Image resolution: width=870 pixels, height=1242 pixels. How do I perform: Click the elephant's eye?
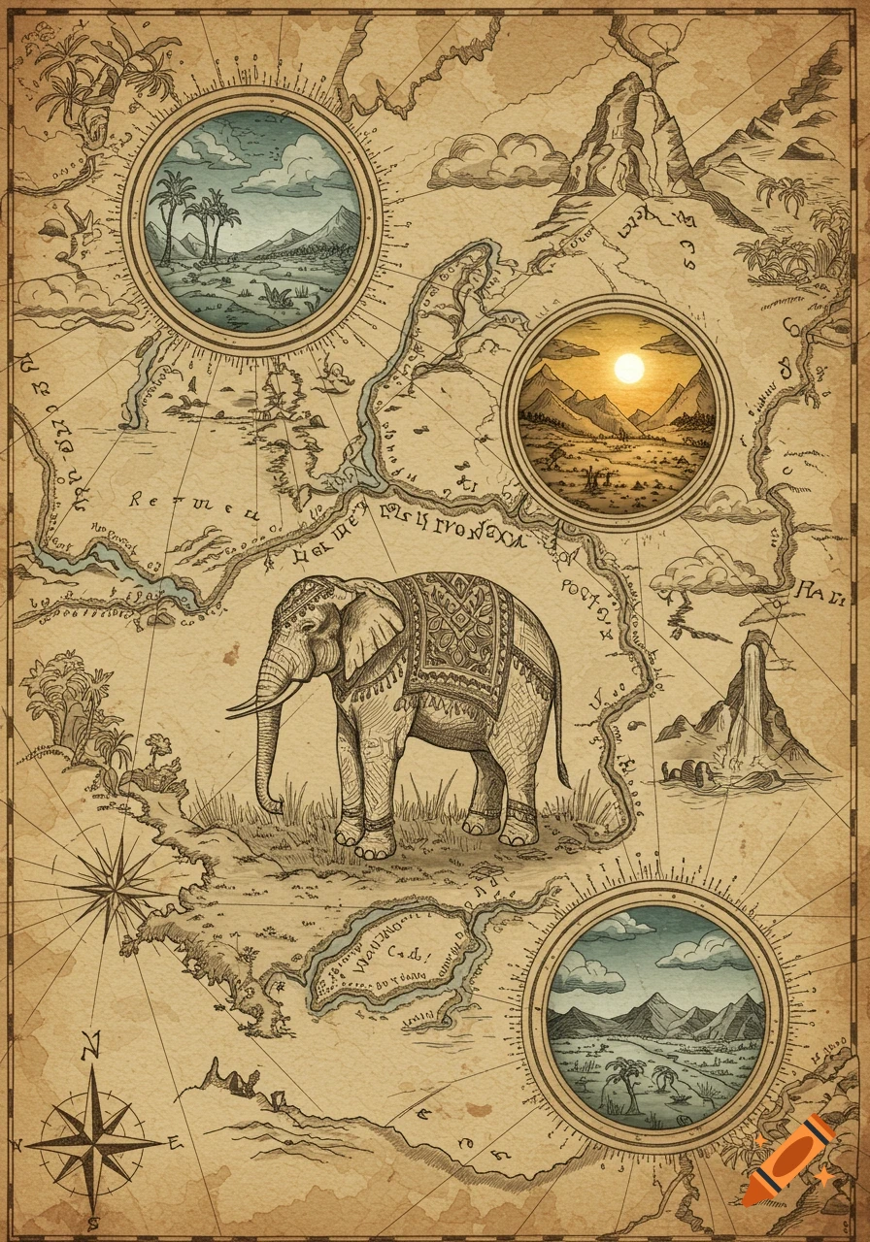(310, 630)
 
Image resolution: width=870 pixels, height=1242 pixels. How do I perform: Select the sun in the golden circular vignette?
(629, 368)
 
